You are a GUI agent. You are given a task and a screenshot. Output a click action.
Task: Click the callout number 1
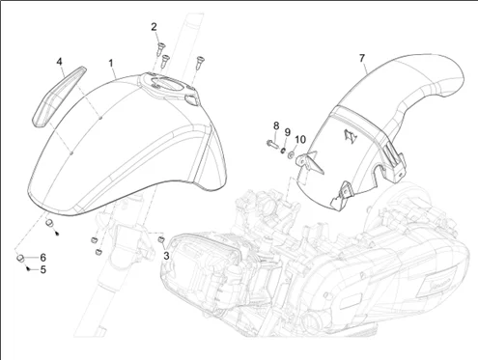click(111, 63)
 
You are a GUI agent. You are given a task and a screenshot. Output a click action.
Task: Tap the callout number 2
click(155, 27)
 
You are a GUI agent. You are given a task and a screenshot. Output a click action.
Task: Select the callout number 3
click(166, 256)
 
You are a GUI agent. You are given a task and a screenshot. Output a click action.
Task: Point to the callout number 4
click(59, 62)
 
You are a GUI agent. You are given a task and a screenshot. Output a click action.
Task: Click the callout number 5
click(43, 269)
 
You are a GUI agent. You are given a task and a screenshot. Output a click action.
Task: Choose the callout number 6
click(42, 258)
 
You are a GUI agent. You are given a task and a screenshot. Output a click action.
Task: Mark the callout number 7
click(362, 59)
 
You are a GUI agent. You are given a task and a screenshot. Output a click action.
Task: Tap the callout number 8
click(276, 126)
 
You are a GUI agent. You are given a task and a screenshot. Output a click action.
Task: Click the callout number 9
click(287, 132)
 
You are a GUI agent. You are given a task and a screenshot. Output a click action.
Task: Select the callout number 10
click(300, 140)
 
